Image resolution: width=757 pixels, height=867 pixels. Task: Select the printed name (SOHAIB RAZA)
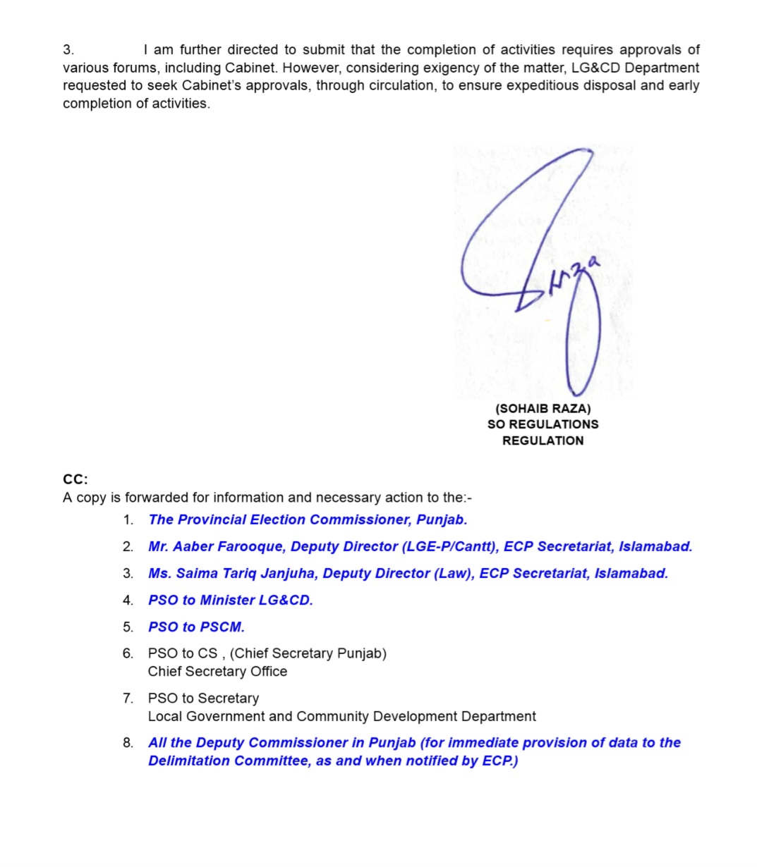coord(543,408)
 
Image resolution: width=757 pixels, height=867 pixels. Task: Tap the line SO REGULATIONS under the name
coord(543,424)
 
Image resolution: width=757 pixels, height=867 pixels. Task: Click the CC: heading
coord(75,479)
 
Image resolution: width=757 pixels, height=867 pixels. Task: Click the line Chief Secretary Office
coord(217,671)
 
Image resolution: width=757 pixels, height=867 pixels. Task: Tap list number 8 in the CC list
coord(127,743)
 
